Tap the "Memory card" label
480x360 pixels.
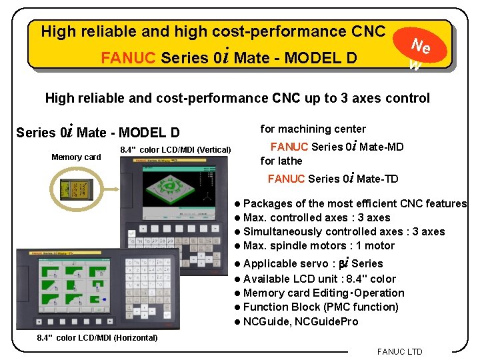[x=76, y=157]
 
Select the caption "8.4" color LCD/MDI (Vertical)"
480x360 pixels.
[x=175, y=149]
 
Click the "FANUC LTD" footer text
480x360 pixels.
[x=399, y=351]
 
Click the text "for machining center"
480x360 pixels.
[x=313, y=129]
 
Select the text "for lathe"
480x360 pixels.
[x=281, y=161]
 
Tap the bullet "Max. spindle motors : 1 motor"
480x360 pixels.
[x=319, y=245]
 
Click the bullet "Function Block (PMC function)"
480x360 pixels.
[x=321, y=307]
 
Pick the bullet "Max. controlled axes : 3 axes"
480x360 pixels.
[x=317, y=217]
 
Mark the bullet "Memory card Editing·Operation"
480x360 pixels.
[x=323, y=293]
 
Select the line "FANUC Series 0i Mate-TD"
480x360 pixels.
[x=333, y=178]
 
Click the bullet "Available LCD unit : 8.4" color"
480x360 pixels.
[x=319, y=279]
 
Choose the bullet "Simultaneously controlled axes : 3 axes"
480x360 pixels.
[x=344, y=231]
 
